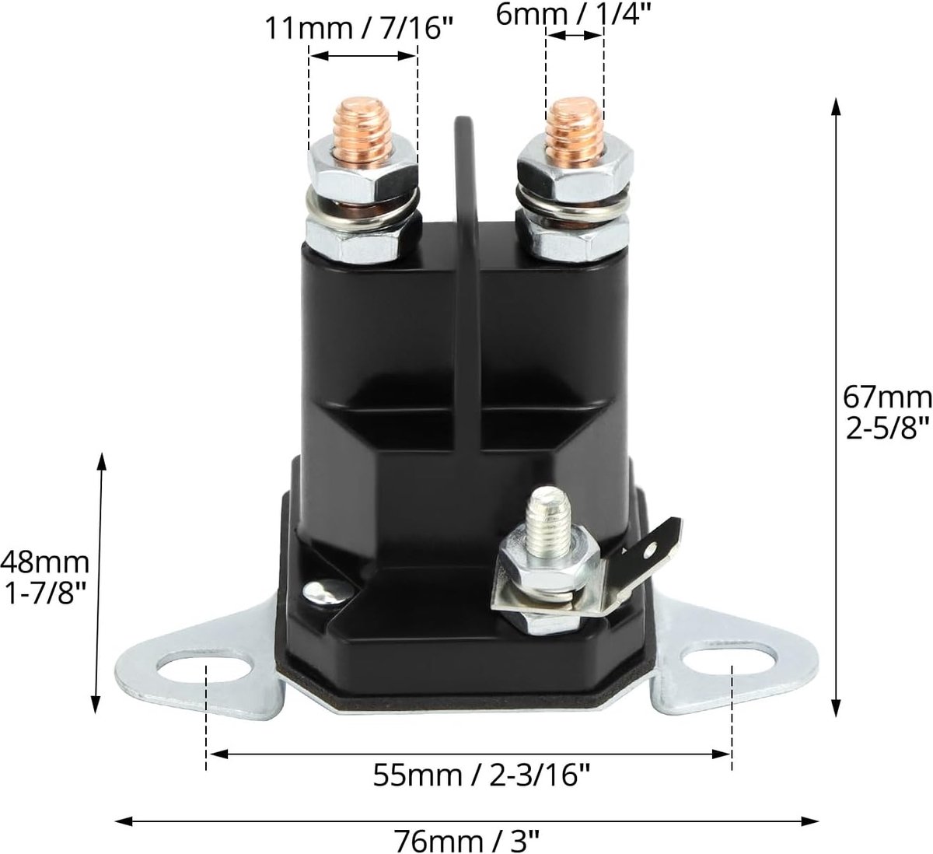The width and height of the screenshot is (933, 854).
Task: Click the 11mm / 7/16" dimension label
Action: point(358,29)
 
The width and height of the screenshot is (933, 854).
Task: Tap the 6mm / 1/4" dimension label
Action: point(572,14)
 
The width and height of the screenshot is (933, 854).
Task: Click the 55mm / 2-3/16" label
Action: point(482,775)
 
